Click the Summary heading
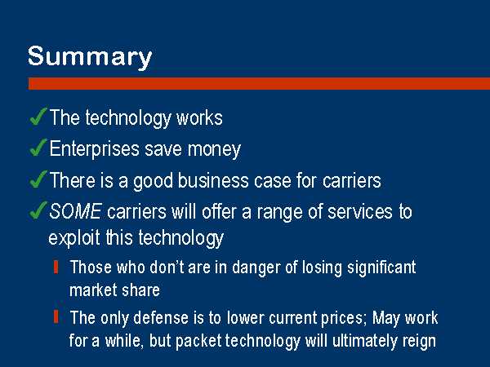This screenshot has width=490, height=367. [90, 57]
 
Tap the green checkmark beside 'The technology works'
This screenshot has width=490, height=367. [38, 116]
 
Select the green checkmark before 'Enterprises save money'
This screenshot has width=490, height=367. [38, 148]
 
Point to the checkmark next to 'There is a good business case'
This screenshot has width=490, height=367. [38, 179]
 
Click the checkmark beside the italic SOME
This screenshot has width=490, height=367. [38, 210]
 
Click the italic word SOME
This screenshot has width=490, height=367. [75, 211]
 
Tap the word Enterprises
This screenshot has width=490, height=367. [94, 149]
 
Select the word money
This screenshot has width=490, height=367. [214, 150]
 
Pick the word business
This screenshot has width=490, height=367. [213, 181]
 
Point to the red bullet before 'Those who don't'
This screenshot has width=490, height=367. [56, 268]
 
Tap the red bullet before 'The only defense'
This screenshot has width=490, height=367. [56, 317]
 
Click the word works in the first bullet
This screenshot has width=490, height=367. [199, 118]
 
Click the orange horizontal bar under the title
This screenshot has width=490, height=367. [259, 84]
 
